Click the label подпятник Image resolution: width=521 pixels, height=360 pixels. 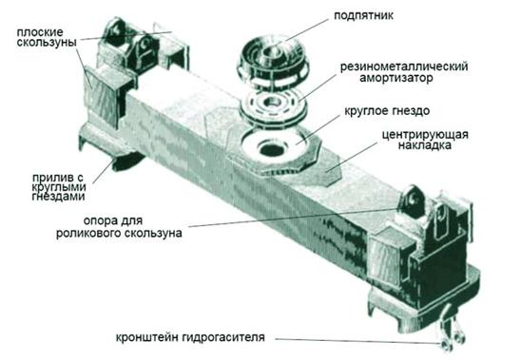(363, 16)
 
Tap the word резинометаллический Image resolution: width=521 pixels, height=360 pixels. (404, 66)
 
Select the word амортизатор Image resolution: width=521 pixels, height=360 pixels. (396, 78)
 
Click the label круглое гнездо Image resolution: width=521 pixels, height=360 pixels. (387, 111)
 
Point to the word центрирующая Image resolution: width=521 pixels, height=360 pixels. (425, 135)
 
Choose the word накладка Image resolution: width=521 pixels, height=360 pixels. (425, 145)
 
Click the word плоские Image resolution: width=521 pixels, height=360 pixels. (40, 32)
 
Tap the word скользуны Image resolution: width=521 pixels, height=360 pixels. (47, 43)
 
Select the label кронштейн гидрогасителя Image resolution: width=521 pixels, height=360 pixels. (190, 337)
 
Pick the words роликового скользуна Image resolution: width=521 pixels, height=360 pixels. (119, 233)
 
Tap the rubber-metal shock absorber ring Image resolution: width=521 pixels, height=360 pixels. (273, 106)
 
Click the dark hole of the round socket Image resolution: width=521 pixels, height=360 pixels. (272, 149)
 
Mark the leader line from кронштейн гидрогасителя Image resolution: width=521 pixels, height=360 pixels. (358, 341)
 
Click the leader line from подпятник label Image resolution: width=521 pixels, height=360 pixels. (306, 30)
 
